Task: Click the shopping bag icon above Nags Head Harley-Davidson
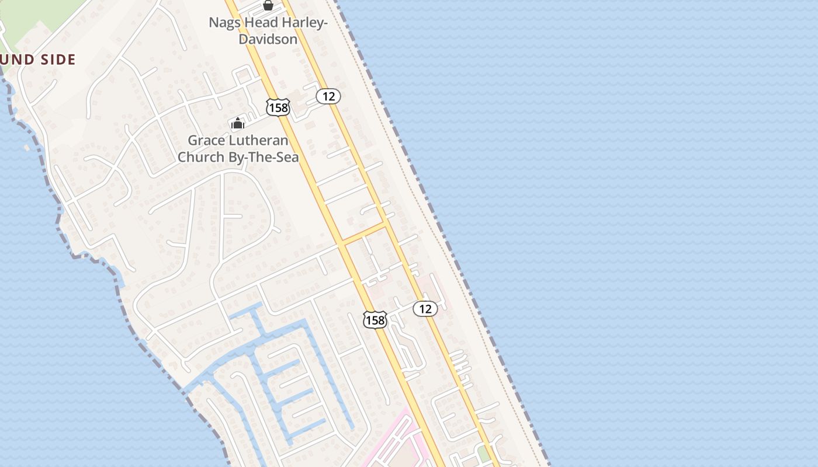(268, 6)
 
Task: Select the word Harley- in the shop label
(305, 23)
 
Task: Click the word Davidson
(268, 39)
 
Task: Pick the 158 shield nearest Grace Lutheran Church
(278, 107)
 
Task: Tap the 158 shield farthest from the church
(375, 320)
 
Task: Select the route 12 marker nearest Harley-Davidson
(328, 96)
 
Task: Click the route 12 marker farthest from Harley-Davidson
(425, 309)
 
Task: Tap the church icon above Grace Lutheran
(238, 123)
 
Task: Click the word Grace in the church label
(206, 141)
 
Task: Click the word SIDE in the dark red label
(58, 60)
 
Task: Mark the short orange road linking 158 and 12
(364, 233)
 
